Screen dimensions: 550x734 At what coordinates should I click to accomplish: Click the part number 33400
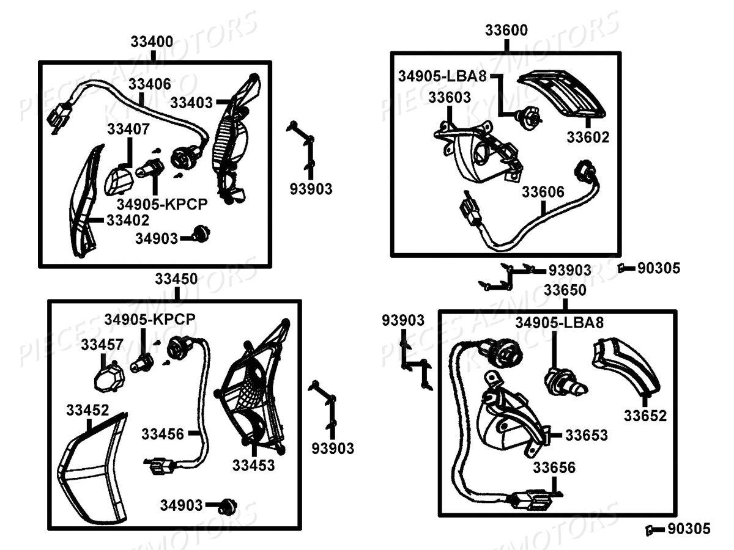point(152,42)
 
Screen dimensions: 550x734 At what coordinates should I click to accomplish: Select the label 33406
point(150,84)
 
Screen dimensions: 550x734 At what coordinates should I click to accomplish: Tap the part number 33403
point(191,102)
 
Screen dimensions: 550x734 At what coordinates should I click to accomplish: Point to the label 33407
point(128,130)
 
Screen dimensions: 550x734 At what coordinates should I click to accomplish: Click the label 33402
point(127,219)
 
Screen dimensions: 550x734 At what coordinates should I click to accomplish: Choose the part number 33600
point(507,30)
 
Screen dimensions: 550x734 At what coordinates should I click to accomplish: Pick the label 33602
point(588,137)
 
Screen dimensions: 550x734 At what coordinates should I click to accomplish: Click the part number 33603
point(450,97)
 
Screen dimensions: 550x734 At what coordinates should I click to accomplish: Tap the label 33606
point(543,192)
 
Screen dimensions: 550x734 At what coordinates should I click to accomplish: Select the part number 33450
point(176,279)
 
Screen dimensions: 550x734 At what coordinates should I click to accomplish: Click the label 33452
point(88,410)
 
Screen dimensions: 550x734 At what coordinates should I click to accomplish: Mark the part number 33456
point(163,434)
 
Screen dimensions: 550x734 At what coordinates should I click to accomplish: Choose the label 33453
point(253,465)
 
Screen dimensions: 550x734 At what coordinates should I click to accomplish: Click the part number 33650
point(565,289)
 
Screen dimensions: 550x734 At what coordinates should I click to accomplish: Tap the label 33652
point(645,416)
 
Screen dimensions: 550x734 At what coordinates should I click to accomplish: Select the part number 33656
point(554,468)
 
